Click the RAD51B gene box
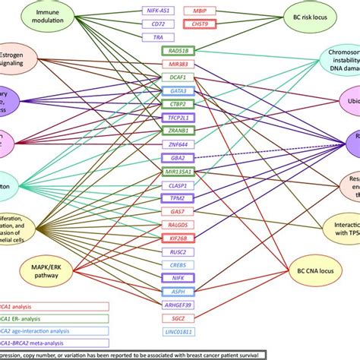179,51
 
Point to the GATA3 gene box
179,90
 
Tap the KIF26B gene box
179,238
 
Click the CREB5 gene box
179,264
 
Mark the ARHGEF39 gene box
179,305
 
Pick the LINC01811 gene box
179,332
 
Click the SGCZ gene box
179,318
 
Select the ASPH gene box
179,291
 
